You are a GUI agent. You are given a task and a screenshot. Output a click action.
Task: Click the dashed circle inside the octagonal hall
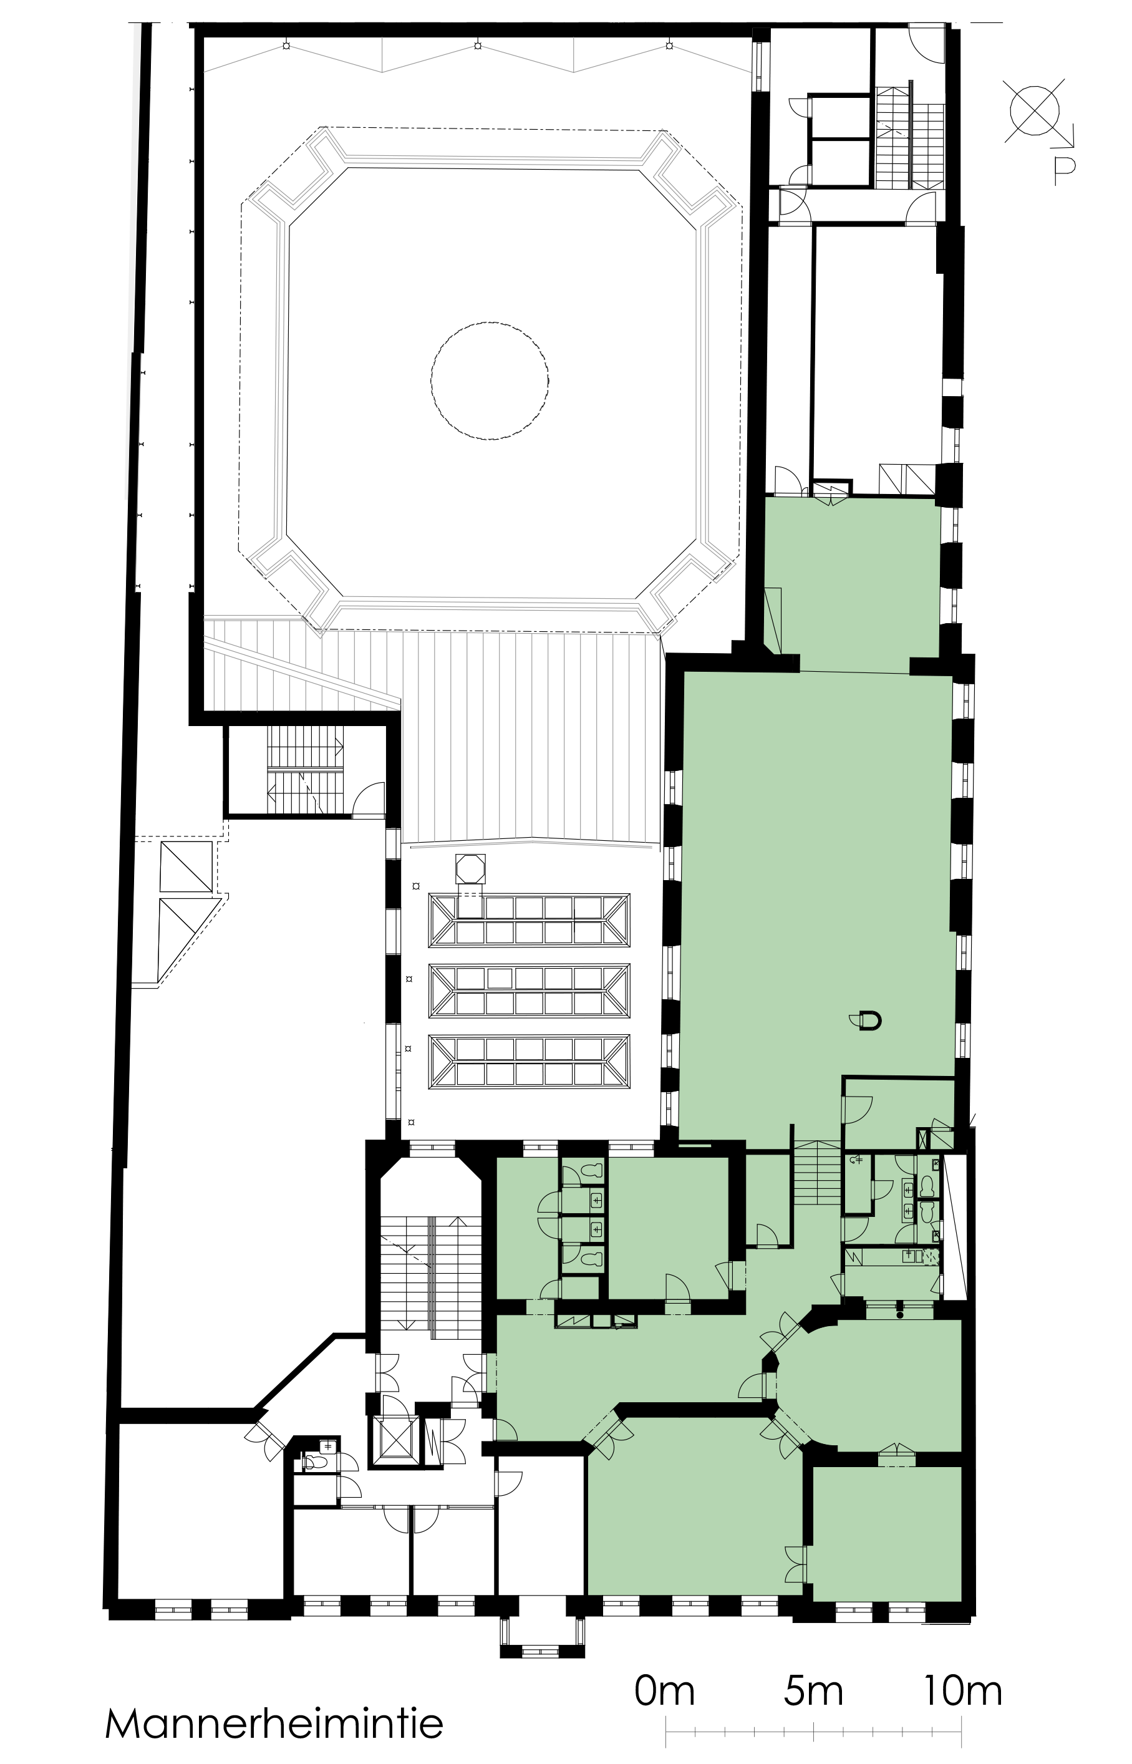click(x=490, y=380)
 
